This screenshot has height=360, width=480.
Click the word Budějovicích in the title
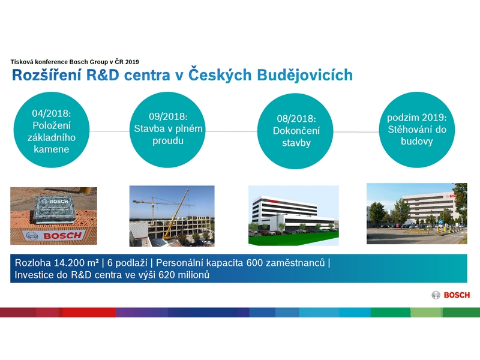[305, 75]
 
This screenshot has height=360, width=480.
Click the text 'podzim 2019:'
[416, 118]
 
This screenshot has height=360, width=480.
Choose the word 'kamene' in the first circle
[52, 149]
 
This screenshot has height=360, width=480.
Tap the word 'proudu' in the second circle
[168, 141]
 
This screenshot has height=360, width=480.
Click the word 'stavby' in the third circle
[296, 143]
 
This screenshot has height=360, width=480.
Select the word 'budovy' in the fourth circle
[416, 142]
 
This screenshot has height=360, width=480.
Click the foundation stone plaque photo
[53, 216]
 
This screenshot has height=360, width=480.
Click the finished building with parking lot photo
[416, 214]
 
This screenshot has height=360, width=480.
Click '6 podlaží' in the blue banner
[127, 263]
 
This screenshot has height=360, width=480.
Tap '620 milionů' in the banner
[184, 275]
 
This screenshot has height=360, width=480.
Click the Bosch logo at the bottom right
[451, 295]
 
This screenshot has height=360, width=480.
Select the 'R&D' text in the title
[103, 76]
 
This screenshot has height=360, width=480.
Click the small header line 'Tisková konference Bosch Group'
[59, 62]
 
